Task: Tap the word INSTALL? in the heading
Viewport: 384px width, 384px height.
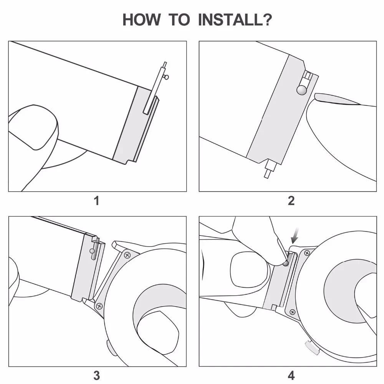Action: (235, 20)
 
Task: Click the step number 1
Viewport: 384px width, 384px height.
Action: (97, 200)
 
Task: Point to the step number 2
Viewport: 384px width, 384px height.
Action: (291, 200)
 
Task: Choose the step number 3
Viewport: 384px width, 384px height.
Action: (97, 375)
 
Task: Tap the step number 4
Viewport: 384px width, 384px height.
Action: (291, 375)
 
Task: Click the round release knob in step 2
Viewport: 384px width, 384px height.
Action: (301, 90)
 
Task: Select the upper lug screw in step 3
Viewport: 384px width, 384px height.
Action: (127, 254)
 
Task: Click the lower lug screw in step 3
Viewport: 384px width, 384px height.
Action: (99, 306)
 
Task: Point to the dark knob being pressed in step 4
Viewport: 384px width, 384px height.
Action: (285, 263)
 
